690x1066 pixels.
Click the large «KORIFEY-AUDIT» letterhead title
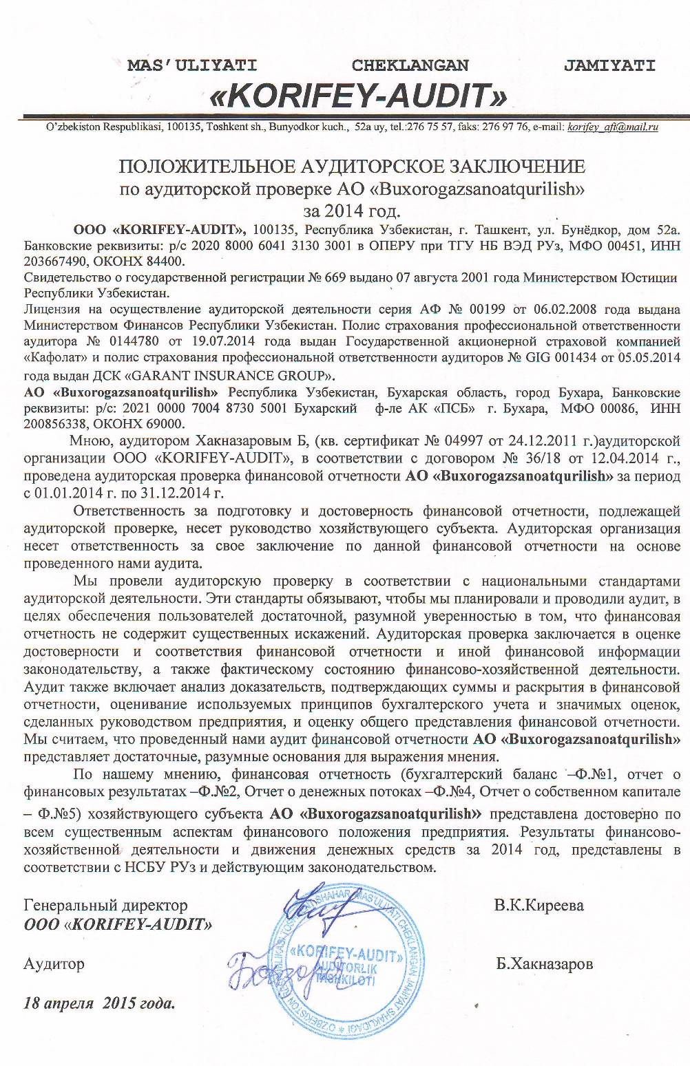coord(358,94)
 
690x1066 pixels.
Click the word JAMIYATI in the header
coord(609,65)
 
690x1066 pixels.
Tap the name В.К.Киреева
coord(539,905)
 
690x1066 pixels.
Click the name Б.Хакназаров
coord(544,963)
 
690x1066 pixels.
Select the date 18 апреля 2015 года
coord(100,1002)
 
